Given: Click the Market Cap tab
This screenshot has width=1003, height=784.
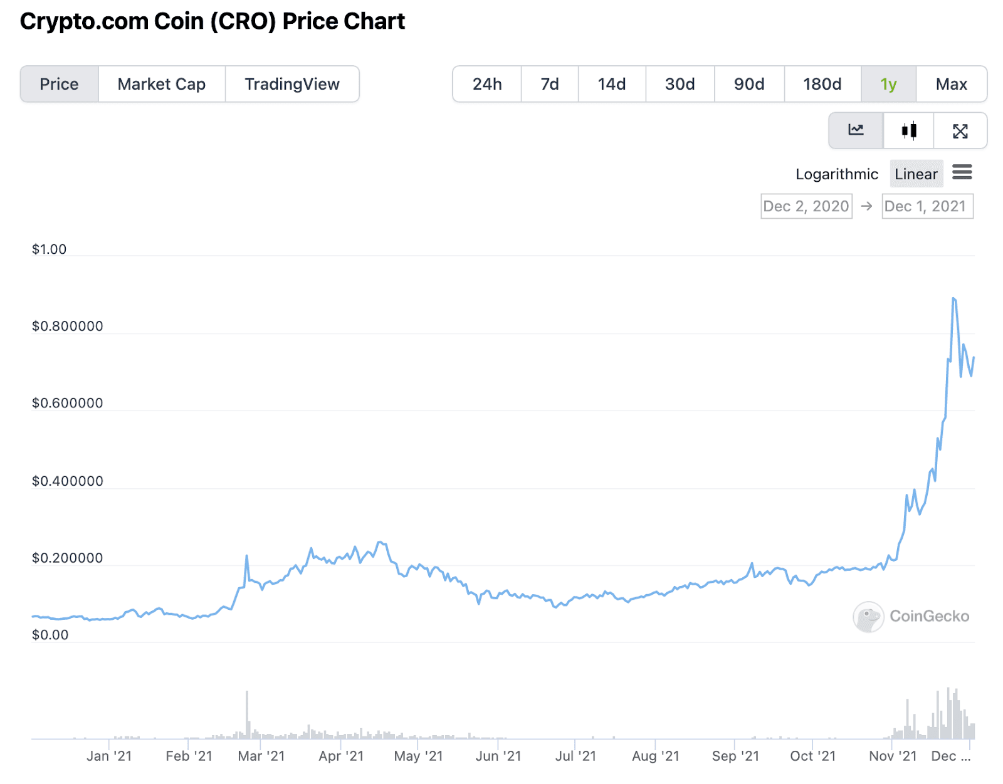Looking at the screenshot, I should click(x=161, y=84).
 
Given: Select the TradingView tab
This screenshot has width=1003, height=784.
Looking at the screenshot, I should click(x=291, y=84).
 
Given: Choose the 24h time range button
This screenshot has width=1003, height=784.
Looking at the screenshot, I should click(x=487, y=84).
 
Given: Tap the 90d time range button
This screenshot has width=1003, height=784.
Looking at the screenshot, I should click(x=749, y=84).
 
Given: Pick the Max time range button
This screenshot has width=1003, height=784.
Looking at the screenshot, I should click(x=951, y=84).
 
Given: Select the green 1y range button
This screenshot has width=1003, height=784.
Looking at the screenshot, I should click(x=888, y=84).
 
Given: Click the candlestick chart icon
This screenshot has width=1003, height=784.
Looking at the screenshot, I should click(x=909, y=130).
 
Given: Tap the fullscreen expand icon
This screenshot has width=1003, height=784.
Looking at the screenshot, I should click(x=960, y=130).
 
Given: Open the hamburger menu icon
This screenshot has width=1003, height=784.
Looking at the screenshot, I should click(x=962, y=172).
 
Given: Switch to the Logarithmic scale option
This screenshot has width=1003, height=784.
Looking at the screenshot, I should click(x=836, y=174).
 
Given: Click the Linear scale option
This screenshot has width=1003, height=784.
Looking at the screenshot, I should click(x=916, y=174).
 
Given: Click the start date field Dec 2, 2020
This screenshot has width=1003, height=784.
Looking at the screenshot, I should click(x=806, y=206).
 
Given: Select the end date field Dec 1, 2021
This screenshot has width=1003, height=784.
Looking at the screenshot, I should click(x=927, y=206).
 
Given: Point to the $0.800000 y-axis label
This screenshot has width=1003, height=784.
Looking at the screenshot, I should click(x=68, y=326).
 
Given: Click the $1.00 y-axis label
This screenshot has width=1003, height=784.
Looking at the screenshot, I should click(x=49, y=249).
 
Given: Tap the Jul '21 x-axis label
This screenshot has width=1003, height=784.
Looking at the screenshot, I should click(x=575, y=756).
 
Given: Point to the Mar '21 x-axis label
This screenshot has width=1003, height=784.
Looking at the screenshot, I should click(x=261, y=756).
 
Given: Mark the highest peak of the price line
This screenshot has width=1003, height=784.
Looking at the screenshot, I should click(x=953, y=298).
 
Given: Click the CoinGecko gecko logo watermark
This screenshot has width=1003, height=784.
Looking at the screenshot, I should click(x=868, y=617).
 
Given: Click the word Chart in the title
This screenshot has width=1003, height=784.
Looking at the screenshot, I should click(x=374, y=21).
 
